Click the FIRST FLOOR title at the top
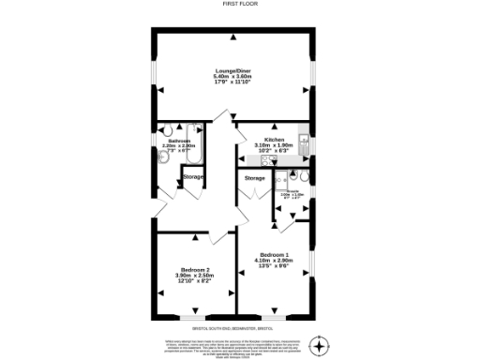pyautogui.click(x=239, y=4)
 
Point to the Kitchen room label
pyautogui.click(x=275, y=139)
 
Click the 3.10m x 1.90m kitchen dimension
pyautogui.click(x=275, y=145)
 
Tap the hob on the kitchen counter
pyautogui.click(x=274, y=159)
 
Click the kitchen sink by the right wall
pyautogui.click(x=304, y=142)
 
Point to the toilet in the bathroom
pyautogui.click(x=164, y=158)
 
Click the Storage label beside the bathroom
pyautogui.click(x=192, y=177)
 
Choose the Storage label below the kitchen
pyautogui.click(x=254, y=178)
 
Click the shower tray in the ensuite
pyautogui.click(x=282, y=181)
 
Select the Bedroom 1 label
pyautogui.click(x=275, y=255)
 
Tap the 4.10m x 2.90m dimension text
pyautogui.click(x=275, y=262)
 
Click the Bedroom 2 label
pyautogui.click(x=194, y=269)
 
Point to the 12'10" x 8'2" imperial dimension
pyautogui.click(x=194, y=281)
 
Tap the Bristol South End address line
pyautogui.click(x=239, y=327)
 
